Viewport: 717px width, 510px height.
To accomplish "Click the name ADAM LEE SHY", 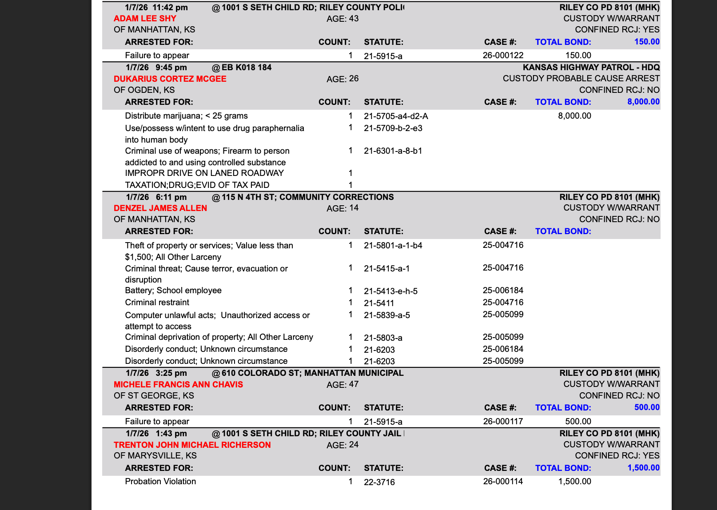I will pos(145,19).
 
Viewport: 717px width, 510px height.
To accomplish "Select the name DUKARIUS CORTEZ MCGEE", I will pos(170,79).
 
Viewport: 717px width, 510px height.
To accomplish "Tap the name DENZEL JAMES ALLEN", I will pos(160,208).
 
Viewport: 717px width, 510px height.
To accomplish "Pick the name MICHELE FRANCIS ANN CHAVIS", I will pos(178,385).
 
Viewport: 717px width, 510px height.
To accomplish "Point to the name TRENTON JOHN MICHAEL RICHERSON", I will pos(192,445).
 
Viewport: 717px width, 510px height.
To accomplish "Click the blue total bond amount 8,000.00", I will pos(643,102).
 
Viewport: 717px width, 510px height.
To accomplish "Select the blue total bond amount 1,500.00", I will pos(643,468).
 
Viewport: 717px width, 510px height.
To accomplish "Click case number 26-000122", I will pos(503,56).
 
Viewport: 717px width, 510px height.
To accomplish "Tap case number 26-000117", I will pos(503,422).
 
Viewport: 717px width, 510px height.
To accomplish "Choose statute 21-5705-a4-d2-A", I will pos(396,116).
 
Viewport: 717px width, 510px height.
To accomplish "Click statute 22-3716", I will pos(379,482).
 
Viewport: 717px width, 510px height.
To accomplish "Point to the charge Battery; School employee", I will pos(173,291).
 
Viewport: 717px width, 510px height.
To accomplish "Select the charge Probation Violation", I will pos(160,482).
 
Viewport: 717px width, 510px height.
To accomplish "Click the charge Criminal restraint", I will pos(157,303).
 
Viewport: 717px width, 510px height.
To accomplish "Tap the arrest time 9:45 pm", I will pos(171,68).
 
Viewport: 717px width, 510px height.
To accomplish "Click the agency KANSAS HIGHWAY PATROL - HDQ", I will pos(591,68).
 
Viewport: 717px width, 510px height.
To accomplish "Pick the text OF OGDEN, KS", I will pos(144,90).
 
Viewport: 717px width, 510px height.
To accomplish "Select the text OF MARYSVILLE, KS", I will pos(155,456).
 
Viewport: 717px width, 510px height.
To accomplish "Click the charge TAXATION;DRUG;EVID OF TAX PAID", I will pos(197,185).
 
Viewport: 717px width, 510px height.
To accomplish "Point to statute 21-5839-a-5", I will pos(386,315).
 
